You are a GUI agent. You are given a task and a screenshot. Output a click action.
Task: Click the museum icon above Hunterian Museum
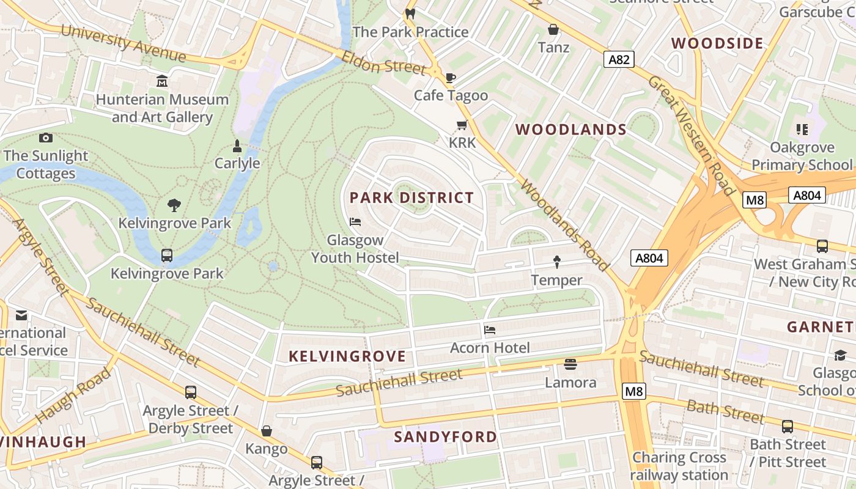point(162,81)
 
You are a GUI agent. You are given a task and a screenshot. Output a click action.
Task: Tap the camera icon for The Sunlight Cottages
point(45,138)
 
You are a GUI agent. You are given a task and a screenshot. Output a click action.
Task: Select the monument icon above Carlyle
point(237,145)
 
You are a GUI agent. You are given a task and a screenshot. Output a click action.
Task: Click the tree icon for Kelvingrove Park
point(174,205)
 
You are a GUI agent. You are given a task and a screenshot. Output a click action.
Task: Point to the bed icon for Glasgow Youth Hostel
point(355,221)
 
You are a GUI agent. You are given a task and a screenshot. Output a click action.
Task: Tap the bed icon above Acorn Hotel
point(490,330)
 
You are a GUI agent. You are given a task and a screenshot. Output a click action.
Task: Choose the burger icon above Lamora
point(570,364)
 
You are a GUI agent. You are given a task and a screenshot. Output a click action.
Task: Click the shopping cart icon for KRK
point(462,125)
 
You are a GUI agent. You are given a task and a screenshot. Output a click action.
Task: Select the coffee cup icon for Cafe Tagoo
point(451,78)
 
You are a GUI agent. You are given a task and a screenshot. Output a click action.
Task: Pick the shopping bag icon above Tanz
point(553,29)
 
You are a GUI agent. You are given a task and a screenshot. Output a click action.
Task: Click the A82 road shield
point(619,59)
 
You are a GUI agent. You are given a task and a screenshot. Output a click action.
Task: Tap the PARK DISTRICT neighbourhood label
point(411,197)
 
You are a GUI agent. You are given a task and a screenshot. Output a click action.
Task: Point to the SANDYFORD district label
point(445,436)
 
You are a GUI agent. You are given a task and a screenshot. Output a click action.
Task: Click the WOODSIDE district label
point(717,43)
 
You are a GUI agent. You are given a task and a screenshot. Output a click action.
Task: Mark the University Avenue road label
point(123,43)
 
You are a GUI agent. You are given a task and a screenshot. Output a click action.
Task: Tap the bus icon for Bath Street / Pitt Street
point(788,426)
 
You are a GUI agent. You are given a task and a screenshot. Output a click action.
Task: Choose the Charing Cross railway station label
point(679,466)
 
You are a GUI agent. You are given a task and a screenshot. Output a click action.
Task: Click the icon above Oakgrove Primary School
point(802,129)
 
